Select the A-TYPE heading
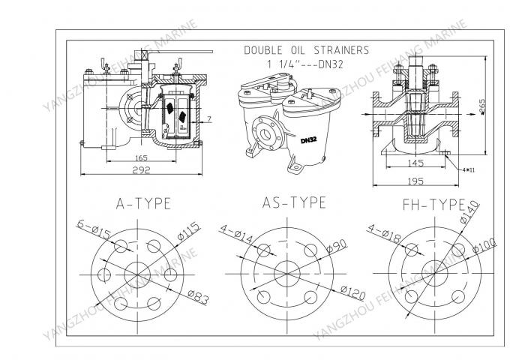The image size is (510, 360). click(142, 202)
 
